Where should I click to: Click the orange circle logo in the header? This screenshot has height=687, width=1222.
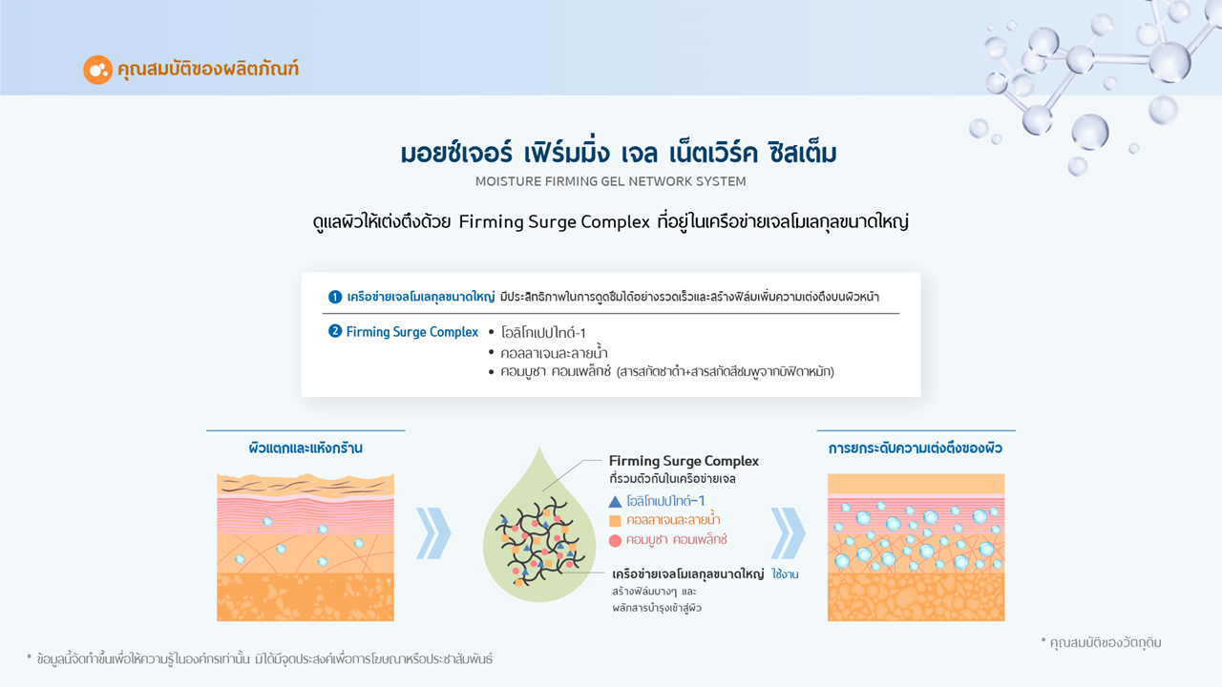point(97,70)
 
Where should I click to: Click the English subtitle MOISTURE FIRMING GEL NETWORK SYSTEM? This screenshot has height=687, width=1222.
point(610,181)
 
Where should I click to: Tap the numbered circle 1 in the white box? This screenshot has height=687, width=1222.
point(334,297)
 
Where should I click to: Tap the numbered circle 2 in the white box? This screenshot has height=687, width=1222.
point(334,331)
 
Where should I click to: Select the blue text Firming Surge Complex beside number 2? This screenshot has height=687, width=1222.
point(411,332)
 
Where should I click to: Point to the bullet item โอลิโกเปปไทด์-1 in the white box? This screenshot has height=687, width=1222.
point(543,333)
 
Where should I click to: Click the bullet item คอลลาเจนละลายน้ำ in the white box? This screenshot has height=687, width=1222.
point(554,353)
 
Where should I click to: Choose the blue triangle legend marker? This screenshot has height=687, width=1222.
point(615,502)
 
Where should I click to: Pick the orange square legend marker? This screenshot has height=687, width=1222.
point(615,521)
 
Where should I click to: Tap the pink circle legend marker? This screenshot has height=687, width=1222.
point(615,540)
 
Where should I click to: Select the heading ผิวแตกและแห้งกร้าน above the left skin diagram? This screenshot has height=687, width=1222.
point(305,448)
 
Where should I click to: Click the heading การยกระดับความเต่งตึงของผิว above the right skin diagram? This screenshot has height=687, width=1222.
point(916,448)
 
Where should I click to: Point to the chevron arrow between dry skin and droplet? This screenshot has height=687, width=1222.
point(433,533)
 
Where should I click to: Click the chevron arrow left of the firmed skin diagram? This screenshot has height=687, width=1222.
point(788,533)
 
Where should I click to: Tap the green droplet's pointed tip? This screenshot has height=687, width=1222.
point(539,448)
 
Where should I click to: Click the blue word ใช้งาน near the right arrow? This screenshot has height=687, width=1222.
point(785,574)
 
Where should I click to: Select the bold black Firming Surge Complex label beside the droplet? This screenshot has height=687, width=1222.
point(684,461)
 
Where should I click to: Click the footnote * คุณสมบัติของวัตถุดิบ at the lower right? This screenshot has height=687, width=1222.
point(1101,643)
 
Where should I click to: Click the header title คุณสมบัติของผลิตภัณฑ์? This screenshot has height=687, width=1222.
point(208,70)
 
